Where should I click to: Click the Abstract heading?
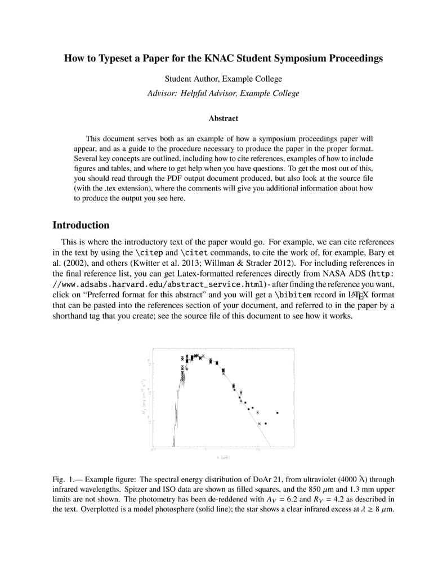pyautogui.click(x=223, y=118)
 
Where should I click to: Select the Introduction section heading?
pyautogui.click(x=81, y=225)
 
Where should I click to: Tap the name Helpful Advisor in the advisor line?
pyautogui.click(x=208, y=93)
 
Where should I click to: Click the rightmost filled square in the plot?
pyautogui.click(x=277, y=413)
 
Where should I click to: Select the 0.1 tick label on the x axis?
pyautogui.click(x=153, y=450)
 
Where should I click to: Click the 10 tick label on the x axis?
pyautogui.click(x=257, y=450)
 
